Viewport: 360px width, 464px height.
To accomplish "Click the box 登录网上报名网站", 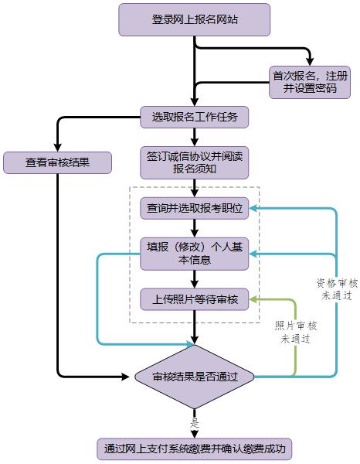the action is click(194, 20).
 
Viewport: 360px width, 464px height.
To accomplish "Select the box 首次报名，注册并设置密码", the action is click(310, 82).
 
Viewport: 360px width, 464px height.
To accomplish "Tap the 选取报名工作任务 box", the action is click(194, 118).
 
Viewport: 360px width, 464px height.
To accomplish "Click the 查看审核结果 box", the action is click(57, 162).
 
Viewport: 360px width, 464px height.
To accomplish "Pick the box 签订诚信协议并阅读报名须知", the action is click(194, 162).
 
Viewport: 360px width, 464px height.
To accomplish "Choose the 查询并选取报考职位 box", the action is click(194, 208).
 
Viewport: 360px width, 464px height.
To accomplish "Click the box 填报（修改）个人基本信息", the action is click(194, 254).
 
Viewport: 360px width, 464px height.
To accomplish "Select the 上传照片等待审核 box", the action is click(194, 299).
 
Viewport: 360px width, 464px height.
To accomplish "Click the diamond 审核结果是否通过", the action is click(194, 377).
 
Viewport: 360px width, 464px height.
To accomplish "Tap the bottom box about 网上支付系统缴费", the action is click(194, 449).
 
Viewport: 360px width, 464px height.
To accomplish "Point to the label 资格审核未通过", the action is click(337, 289).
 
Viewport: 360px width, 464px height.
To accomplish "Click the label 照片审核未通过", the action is click(295, 333).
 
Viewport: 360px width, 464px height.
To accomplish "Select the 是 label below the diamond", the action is click(195, 423).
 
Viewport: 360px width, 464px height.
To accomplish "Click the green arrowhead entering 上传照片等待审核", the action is click(253, 299).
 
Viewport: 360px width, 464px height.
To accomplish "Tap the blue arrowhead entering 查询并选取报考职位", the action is click(253, 208).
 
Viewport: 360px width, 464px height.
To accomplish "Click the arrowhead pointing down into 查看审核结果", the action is click(57, 148).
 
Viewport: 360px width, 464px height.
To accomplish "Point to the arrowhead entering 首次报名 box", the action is click(310, 62).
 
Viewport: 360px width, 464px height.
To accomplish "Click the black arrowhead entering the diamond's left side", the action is click(126, 377).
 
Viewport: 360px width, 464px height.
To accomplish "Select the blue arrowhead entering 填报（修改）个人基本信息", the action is click(253, 254).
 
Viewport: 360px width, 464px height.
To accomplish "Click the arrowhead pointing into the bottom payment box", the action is click(194, 434).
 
